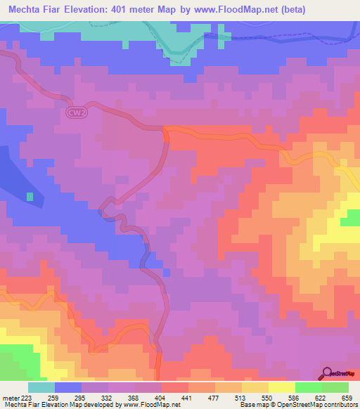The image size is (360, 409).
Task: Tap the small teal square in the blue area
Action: (30, 196)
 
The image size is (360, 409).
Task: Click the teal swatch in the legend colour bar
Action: (41, 387)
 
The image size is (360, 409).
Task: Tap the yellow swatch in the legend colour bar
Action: (282, 387)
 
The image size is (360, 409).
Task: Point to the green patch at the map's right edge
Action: (350, 221)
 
